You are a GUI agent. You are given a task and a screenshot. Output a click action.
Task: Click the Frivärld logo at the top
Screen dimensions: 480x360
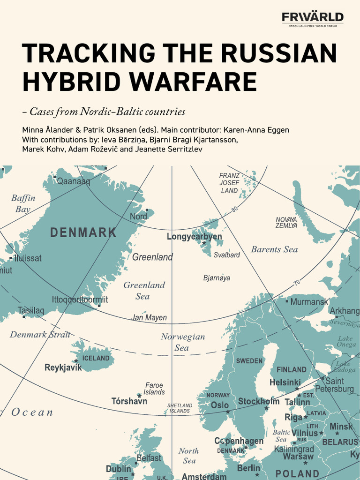click(x=312, y=18)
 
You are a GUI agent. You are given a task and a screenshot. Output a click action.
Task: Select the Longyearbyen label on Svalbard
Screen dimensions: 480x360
click(x=195, y=237)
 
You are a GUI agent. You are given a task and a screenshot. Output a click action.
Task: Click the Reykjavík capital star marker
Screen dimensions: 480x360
click(x=76, y=361)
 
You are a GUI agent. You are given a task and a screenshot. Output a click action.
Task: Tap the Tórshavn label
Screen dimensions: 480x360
click(x=129, y=401)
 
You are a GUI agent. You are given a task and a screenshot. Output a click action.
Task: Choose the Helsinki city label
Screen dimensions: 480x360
click(x=285, y=382)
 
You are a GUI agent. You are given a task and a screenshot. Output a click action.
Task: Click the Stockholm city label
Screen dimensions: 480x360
click(x=259, y=401)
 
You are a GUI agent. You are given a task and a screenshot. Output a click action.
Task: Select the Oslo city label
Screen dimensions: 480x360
click(x=220, y=405)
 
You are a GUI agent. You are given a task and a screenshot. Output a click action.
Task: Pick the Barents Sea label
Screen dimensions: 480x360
click(x=274, y=249)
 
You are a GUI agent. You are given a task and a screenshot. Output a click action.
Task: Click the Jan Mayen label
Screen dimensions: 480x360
click(x=149, y=318)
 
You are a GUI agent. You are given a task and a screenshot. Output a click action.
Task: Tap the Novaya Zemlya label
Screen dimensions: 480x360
click(x=286, y=222)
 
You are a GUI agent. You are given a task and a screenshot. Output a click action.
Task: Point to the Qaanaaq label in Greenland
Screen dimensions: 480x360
click(x=74, y=181)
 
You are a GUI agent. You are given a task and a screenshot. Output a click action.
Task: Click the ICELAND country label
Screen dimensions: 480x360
click(x=96, y=358)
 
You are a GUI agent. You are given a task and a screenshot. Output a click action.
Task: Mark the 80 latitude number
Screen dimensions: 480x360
click(x=235, y=209)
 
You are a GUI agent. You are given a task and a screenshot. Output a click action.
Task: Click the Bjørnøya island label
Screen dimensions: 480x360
click(x=217, y=278)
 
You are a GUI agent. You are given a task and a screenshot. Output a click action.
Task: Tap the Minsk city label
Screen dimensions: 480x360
click(x=341, y=427)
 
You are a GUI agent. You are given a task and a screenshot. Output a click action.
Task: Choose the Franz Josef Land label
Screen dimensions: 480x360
click(x=229, y=183)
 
